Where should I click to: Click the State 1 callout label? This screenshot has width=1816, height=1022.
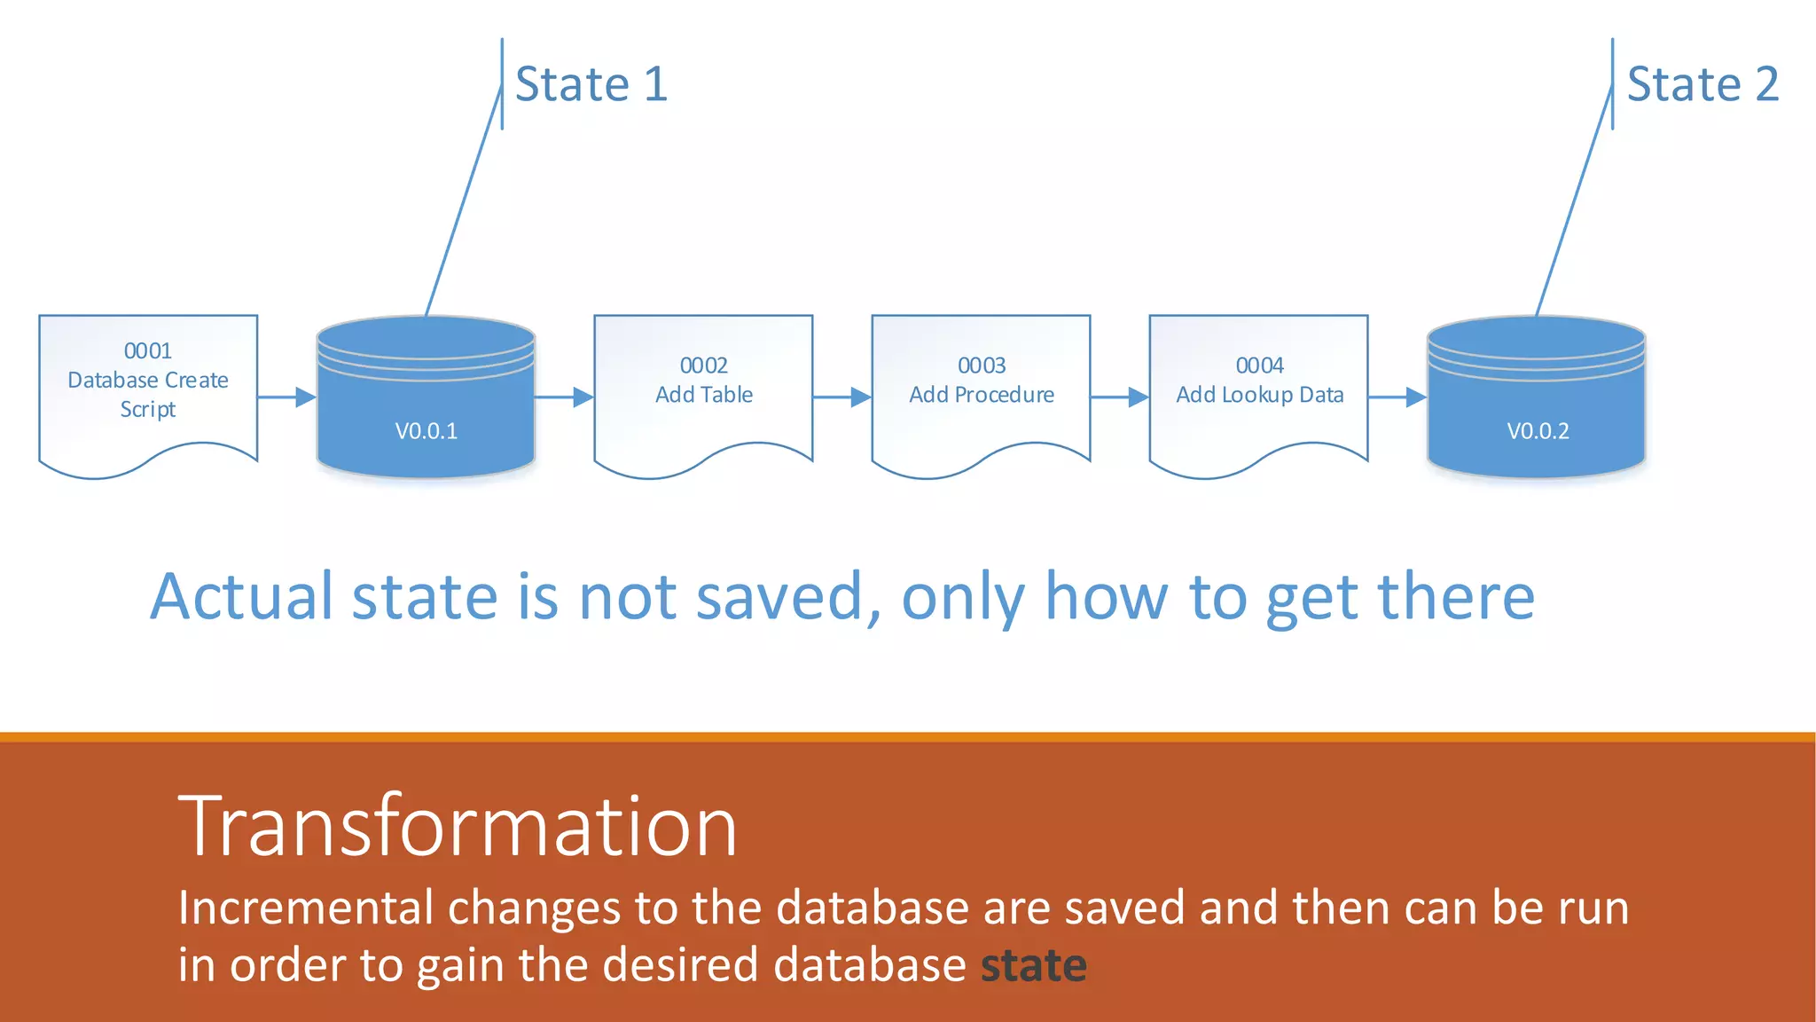click(x=591, y=84)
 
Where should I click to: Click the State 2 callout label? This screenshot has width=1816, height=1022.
click(x=1702, y=84)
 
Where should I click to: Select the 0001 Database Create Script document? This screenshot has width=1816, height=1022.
click(x=148, y=381)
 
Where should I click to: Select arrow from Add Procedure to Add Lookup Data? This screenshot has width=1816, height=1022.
click(x=1120, y=397)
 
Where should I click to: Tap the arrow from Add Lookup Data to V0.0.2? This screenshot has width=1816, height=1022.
click(x=1397, y=397)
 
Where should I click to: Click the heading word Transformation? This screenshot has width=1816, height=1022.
click(x=458, y=827)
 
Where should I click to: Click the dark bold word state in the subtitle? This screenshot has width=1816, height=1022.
click(x=1033, y=965)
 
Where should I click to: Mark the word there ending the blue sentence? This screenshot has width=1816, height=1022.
click(x=1455, y=596)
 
